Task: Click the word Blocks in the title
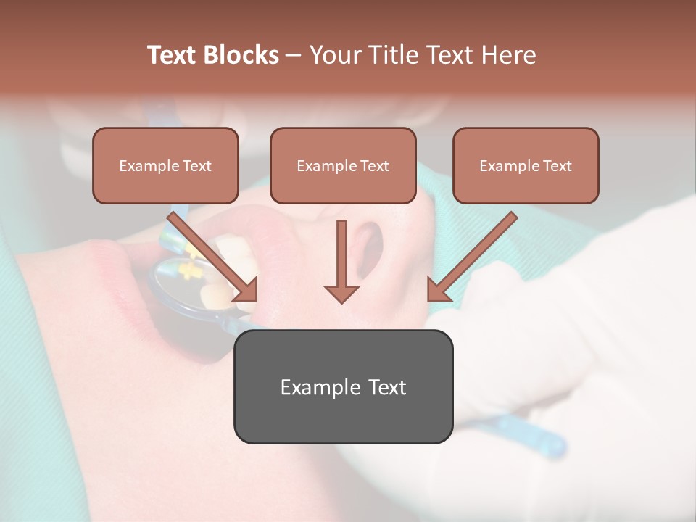click(241, 55)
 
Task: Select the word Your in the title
click(336, 55)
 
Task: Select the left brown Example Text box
click(165, 165)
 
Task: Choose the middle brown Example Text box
click(343, 165)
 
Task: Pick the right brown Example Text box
click(526, 165)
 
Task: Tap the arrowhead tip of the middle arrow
click(341, 300)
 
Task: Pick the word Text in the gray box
click(387, 387)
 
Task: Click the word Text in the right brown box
click(557, 166)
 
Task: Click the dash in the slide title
click(294, 56)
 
